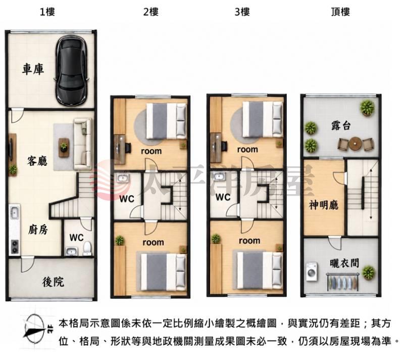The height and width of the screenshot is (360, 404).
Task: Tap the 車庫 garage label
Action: (33, 69)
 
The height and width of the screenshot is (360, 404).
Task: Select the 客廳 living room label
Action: (37, 161)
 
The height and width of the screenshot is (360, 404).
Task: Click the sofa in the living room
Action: (83, 144)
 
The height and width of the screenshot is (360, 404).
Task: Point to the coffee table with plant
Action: (64, 148)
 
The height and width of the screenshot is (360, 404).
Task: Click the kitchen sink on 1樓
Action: (15, 212)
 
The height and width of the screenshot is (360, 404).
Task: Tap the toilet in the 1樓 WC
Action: (87, 248)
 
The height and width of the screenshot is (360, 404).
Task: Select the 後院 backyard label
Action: (53, 282)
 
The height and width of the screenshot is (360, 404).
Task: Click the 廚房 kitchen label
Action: (38, 229)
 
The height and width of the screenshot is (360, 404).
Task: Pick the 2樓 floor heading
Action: (151, 12)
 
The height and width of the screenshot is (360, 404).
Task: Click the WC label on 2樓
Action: (127, 199)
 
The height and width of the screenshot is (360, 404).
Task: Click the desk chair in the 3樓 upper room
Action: (224, 146)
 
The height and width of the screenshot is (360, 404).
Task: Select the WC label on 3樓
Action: (223, 197)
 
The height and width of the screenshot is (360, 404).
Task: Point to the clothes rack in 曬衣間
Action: (342, 282)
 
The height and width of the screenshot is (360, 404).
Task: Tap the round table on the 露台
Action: (356, 144)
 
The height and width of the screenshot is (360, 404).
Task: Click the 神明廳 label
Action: (324, 205)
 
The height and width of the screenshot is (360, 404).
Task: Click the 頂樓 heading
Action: (340, 12)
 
